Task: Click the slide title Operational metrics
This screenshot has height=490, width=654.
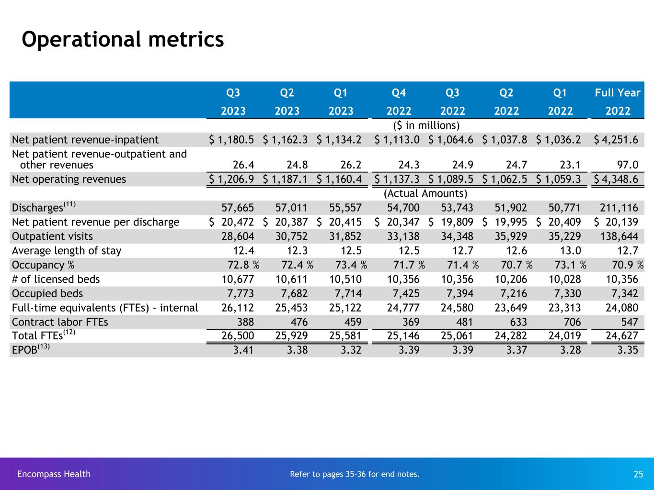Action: tap(123, 40)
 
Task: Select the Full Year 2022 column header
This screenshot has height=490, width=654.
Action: tap(618, 101)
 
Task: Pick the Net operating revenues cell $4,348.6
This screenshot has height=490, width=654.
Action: tap(618, 179)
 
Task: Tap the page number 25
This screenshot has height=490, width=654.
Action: tap(638, 474)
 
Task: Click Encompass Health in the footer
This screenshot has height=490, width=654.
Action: tap(54, 474)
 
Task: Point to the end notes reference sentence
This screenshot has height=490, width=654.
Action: tap(355, 474)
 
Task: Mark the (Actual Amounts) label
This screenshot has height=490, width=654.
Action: tap(425, 193)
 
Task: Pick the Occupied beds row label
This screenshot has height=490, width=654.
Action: tap(47, 293)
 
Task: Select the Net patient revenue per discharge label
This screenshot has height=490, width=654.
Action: tap(96, 222)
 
